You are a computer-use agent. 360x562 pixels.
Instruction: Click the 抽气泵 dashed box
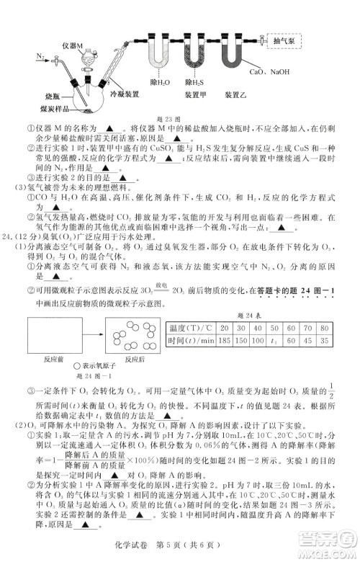coord(286,42)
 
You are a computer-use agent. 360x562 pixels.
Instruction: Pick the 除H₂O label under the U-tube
coord(158,84)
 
